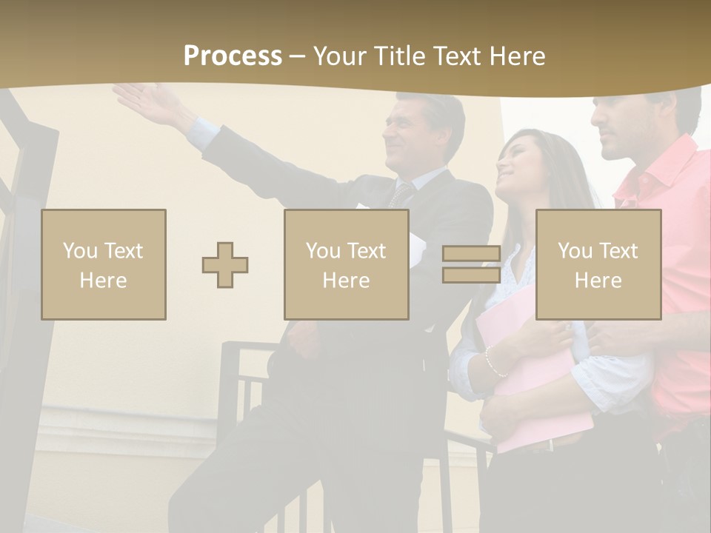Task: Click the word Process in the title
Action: pos(233,56)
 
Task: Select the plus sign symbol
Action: pos(225,265)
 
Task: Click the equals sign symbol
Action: pos(471,265)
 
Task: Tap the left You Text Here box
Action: pos(104,265)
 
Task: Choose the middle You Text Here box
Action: pos(347,265)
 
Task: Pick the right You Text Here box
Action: pos(598,265)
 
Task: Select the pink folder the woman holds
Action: pos(533,385)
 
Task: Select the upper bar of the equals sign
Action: pos(471,254)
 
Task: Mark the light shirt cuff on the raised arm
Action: pos(201,133)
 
